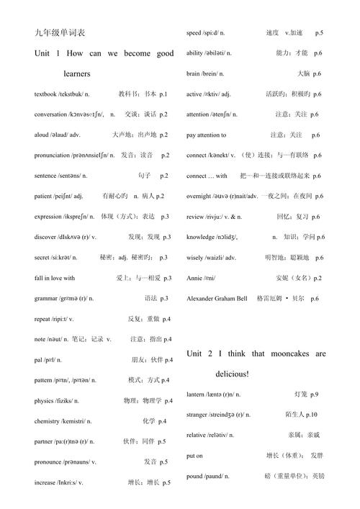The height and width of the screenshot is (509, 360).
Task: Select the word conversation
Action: (x=50, y=114)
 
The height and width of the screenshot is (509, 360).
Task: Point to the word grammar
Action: (x=46, y=298)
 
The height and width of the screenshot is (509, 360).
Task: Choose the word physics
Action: (x=44, y=400)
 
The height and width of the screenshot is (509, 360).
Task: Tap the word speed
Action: (x=194, y=33)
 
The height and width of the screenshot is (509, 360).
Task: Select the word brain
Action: (x=193, y=74)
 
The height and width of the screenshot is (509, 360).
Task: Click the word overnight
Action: (x=201, y=197)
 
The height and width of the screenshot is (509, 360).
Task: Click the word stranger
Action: (x=198, y=415)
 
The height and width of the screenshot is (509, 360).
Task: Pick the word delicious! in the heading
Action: (x=232, y=374)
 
